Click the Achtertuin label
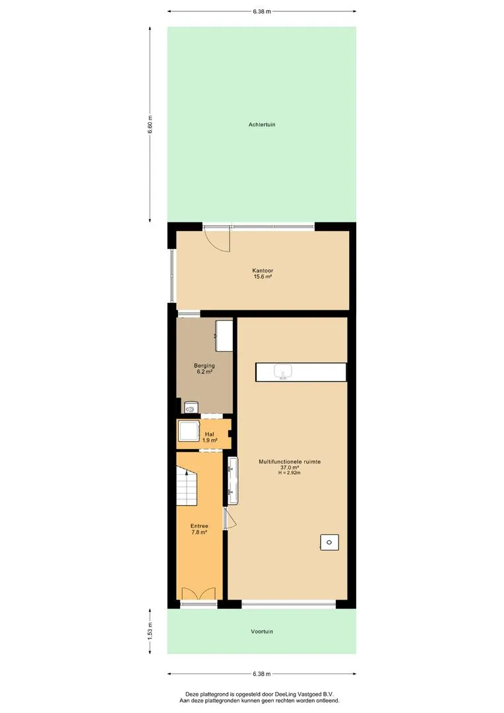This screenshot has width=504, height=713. click(262, 125)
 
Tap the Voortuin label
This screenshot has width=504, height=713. click(262, 632)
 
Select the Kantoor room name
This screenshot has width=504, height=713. click(263, 271)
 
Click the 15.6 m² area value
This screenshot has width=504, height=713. click(263, 277)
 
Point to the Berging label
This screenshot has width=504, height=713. click(204, 366)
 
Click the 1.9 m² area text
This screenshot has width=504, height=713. click(210, 440)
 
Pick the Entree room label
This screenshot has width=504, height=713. click(199, 526)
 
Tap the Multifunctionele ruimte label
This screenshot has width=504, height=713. click(290, 461)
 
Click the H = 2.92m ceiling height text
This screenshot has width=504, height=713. click(290, 473)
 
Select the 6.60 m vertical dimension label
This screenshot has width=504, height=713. click(150, 124)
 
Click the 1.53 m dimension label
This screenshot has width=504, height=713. click(150, 631)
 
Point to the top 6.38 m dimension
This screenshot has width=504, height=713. click(262, 11)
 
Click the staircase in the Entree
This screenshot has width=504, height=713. click(187, 487)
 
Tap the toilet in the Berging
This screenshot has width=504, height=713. click(191, 407)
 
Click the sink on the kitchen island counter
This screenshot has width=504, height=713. click(283, 372)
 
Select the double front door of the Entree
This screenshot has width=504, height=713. click(199, 594)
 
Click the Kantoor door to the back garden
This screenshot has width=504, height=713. click(216, 238)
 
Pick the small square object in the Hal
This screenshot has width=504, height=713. click(188, 431)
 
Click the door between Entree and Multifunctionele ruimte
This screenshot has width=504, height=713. click(230, 518)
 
